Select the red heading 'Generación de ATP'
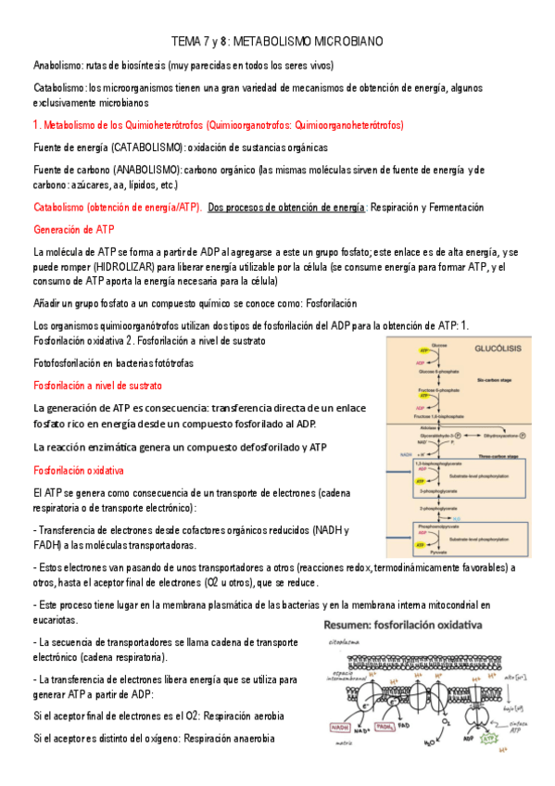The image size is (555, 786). pyautogui.click(x=73, y=228)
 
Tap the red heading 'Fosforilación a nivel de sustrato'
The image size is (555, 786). pyautogui.click(x=97, y=385)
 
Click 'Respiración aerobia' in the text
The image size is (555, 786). pyautogui.click(x=243, y=716)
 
